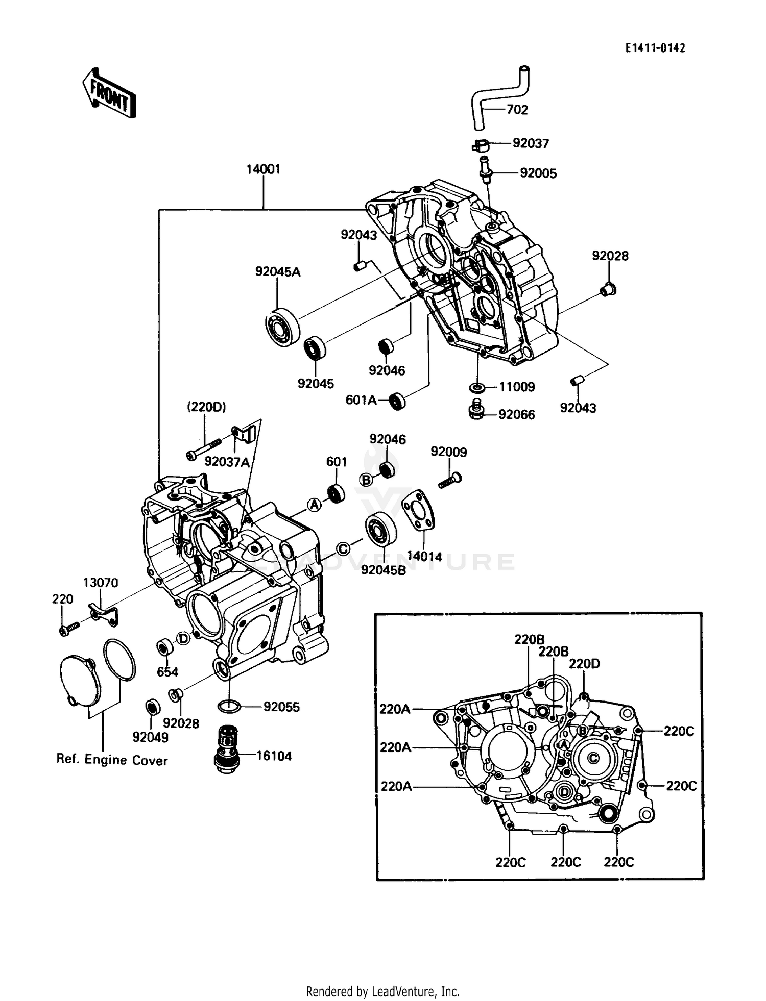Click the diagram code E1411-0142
click(655, 48)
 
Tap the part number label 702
click(517, 110)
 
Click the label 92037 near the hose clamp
click(531, 144)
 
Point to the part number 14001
click(264, 169)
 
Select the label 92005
click(538, 173)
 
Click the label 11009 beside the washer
click(516, 387)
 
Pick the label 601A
click(361, 400)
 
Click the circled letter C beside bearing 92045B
click(344, 549)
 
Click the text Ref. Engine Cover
click(112, 760)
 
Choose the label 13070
click(101, 583)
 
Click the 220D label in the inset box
click(584, 664)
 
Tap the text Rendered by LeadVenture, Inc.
click(382, 991)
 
